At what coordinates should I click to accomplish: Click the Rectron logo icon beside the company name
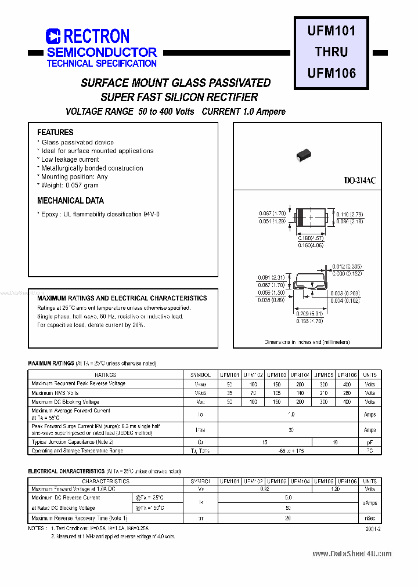[53, 37]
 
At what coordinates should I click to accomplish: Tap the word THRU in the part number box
[331, 52]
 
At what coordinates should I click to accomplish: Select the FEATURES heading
[55, 132]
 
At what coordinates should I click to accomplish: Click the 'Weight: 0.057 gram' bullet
[70, 185]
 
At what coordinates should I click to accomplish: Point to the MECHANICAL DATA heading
[70, 201]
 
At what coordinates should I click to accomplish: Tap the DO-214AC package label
[360, 181]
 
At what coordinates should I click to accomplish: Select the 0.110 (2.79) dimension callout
[350, 215]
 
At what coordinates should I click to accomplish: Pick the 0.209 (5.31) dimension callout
[309, 314]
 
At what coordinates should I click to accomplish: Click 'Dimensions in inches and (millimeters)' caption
[308, 342]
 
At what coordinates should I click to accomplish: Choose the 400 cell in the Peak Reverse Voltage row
[347, 384]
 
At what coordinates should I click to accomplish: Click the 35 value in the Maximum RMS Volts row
[229, 393]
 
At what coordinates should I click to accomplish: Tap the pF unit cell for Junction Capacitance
[370, 442]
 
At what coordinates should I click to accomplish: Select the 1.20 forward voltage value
[335, 489]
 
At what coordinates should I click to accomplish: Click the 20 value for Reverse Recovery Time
[289, 518]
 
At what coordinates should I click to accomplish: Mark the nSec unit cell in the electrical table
[370, 518]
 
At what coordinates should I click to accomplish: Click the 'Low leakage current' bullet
[70, 160]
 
